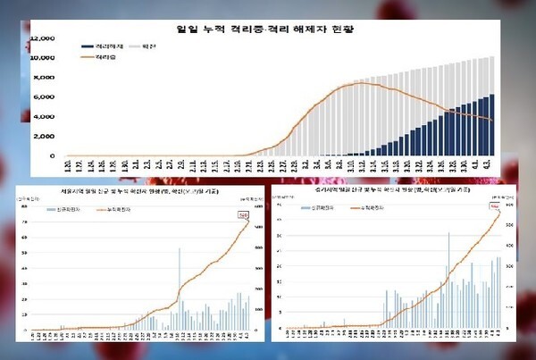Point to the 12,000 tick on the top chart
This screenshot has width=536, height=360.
point(44,38)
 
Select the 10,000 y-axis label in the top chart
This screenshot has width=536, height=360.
point(44,58)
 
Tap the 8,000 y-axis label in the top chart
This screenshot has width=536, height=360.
point(46,78)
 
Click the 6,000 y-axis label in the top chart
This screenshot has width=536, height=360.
point(46,97)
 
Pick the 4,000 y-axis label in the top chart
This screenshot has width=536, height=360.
point(46,117)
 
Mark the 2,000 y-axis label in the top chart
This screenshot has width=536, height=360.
point(46,136)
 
